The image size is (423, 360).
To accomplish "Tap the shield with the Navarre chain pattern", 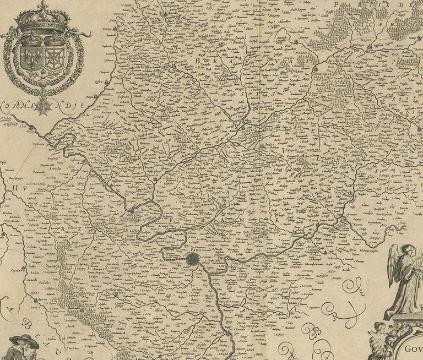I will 56,58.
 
